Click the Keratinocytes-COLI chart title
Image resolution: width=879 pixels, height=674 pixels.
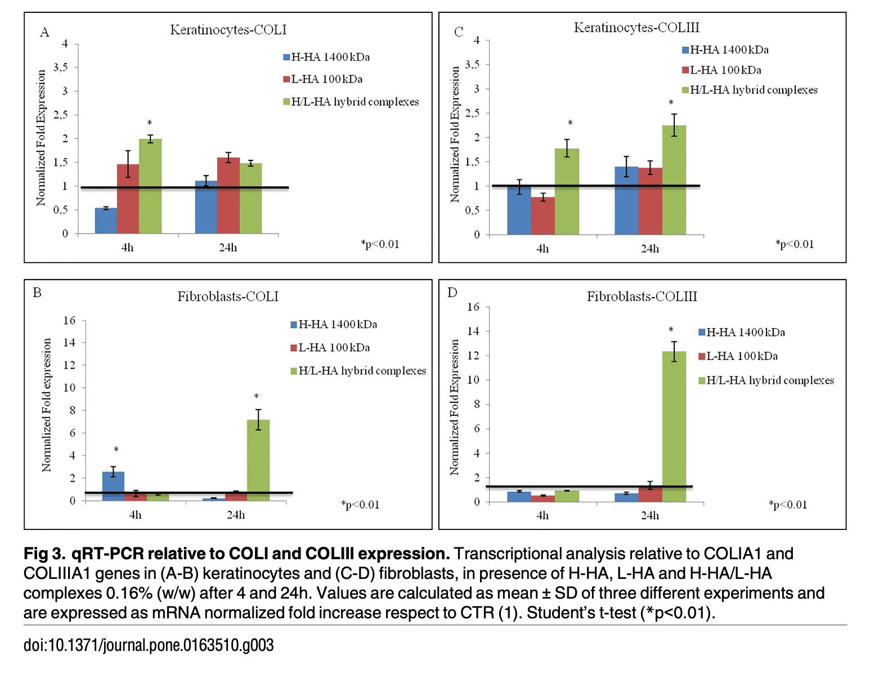point(228,30)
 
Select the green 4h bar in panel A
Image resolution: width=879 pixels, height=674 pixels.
point(150,186)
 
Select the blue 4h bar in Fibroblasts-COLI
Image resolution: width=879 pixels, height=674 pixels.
point(113,486)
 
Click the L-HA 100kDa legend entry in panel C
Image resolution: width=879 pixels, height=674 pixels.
point(725,70)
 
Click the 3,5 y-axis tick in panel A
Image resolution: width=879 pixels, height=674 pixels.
point(61,68)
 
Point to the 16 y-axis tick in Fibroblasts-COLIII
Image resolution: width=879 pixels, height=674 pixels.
point(473,307)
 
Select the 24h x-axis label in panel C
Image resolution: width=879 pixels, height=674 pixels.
point(650,249)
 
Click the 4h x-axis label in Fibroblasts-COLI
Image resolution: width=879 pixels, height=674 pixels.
point(135,515)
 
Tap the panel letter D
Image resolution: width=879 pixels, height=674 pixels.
point(452,293)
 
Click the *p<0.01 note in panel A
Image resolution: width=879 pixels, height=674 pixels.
point(380,244)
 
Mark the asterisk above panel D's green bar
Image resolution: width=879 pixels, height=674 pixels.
point(671,330)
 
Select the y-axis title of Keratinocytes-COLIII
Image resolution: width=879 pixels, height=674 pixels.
point(455,134)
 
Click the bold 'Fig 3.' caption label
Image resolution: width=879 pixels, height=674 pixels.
point(45,554)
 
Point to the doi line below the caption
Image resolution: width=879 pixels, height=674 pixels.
point(149,645)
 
